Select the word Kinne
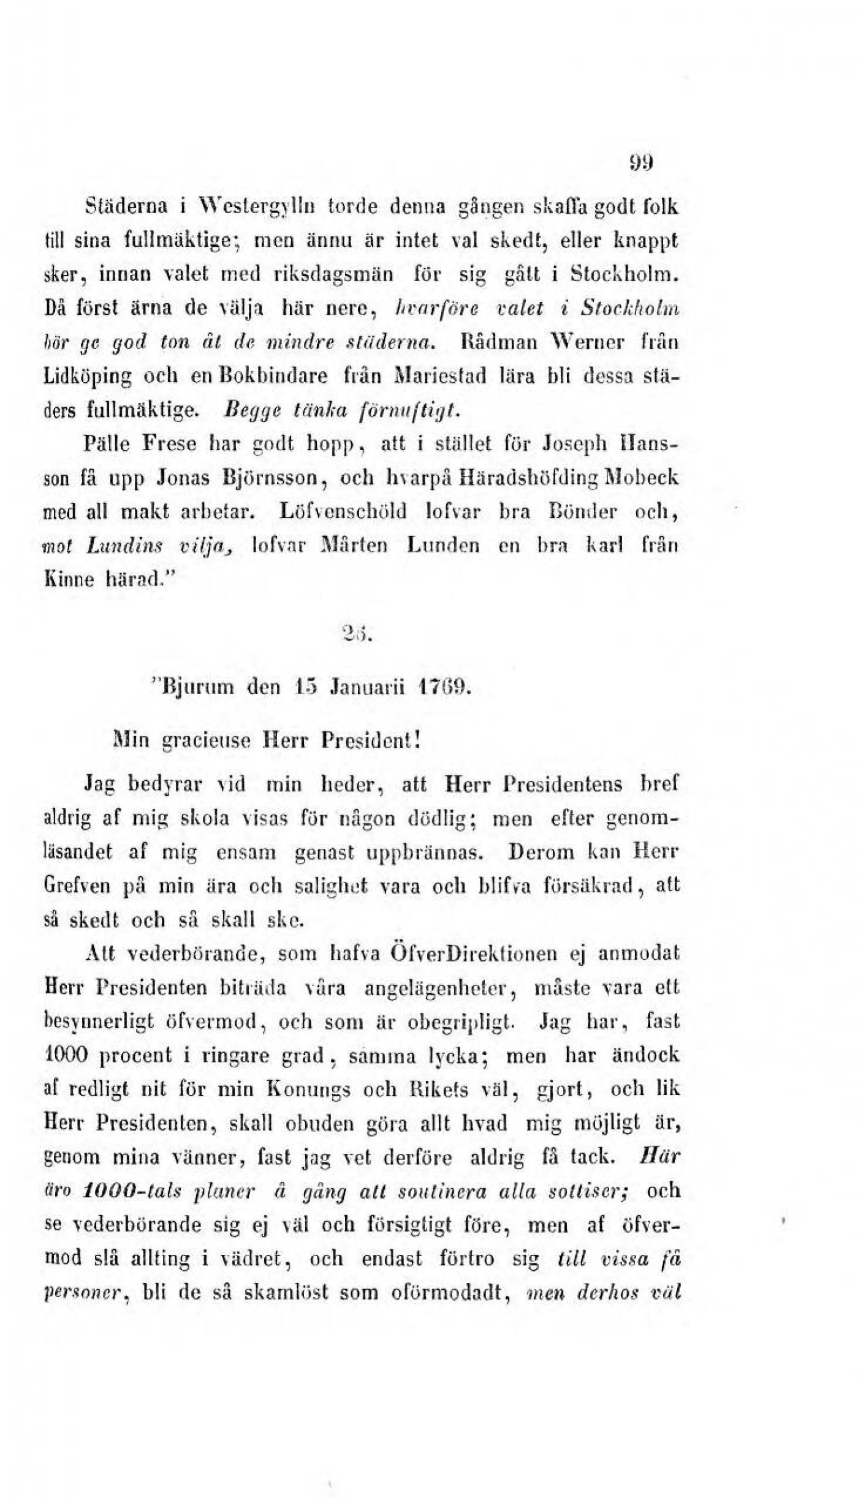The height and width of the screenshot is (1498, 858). tap(64, 576)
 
